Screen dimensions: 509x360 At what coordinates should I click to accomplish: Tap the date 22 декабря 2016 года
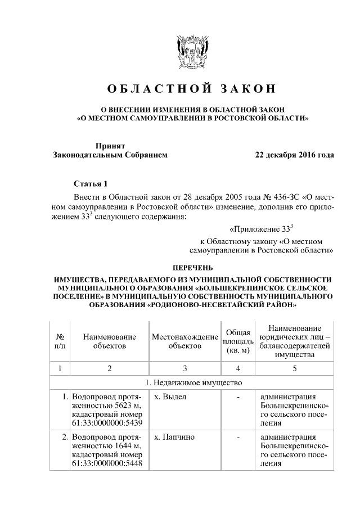coord(295,155)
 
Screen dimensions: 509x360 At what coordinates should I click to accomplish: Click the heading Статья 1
coord(89,184)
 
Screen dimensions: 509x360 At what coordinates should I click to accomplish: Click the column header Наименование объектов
coord(110,341)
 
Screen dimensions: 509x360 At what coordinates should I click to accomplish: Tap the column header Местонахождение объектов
coord(184,341)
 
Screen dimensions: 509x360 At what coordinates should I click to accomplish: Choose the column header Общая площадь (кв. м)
coord(238,341)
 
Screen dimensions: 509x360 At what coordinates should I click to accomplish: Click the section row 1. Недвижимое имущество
coord(193,383)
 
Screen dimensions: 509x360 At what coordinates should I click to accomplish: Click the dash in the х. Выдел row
coord(238,397)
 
